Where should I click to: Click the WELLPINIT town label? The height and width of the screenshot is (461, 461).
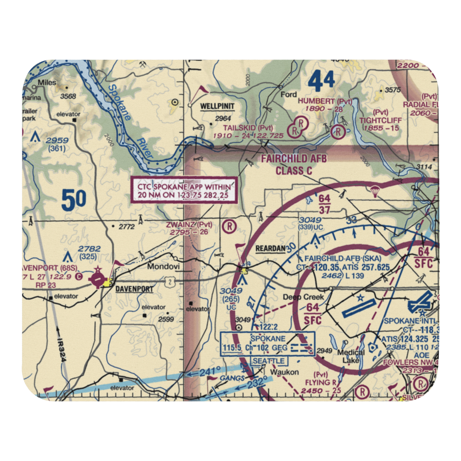(217, 106)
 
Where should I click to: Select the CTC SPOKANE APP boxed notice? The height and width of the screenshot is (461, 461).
(186, 190)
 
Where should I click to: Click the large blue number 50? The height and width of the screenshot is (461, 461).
(74, 200)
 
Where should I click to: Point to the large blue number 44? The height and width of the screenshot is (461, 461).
(321, 82)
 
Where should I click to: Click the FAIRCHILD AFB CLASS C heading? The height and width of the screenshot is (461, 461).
(294, 165)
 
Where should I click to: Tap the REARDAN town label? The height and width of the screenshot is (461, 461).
(270, 248)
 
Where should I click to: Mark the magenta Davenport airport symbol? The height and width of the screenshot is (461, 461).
(98, 279)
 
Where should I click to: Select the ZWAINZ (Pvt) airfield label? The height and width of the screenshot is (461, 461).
(191, 225)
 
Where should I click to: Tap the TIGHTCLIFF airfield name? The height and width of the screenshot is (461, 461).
(381, 120)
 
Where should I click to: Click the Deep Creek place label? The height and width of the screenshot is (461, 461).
(303, 297)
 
